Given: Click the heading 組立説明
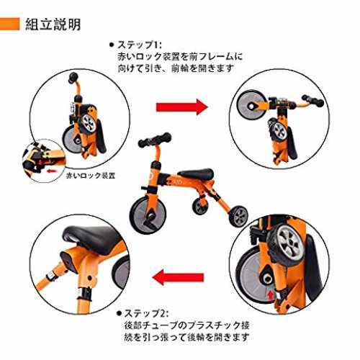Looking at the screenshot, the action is pos(53,24).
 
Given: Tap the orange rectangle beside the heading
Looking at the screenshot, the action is pos(9,24).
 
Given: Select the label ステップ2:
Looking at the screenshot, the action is pos(146,313).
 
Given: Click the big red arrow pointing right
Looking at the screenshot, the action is pos(182,107).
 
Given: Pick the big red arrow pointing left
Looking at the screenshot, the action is pos(178,277).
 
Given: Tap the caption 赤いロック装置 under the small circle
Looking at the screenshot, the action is pos(91,176).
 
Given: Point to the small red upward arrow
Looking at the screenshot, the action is pos(271,295).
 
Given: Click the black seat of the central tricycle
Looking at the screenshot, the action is pos(196,173).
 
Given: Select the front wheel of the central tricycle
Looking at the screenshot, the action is pos(148,215).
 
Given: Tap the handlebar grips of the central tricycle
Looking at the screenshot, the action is pos(155,140).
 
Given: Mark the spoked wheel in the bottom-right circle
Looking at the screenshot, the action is pos(287,243).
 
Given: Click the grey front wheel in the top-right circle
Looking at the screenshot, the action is pos(251,105).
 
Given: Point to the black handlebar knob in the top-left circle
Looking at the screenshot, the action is pos(73,78).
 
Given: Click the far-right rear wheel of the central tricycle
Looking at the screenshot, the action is pos(238,215).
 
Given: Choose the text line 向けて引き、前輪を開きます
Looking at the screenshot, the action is pos(176,68).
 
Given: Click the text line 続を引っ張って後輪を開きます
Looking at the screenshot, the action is pos(186,337).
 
